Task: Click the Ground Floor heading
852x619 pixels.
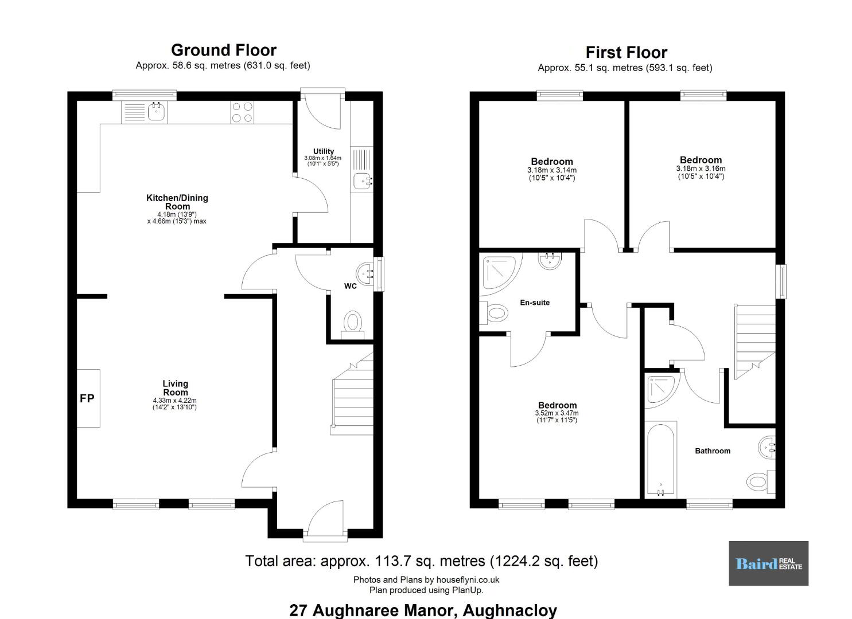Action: (x=224, y=50)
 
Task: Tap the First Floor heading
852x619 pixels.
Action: (x=626, y=52)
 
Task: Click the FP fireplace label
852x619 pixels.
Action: (x=87, y=398)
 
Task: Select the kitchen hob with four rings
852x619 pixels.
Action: (x=242, y=112)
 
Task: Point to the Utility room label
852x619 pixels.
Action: (x=324, y=151)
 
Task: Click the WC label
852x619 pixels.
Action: (x=351, y=286)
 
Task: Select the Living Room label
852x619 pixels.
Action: (x=176, y=388)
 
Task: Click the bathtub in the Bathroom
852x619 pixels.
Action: (x=661, y=460)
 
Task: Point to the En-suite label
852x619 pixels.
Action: (x=535, y=303)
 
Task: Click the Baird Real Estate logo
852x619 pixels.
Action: (x=768, y=563)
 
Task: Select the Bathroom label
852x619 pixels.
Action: (x=713, y=451)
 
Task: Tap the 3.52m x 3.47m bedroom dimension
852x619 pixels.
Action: (x=557, y=413)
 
